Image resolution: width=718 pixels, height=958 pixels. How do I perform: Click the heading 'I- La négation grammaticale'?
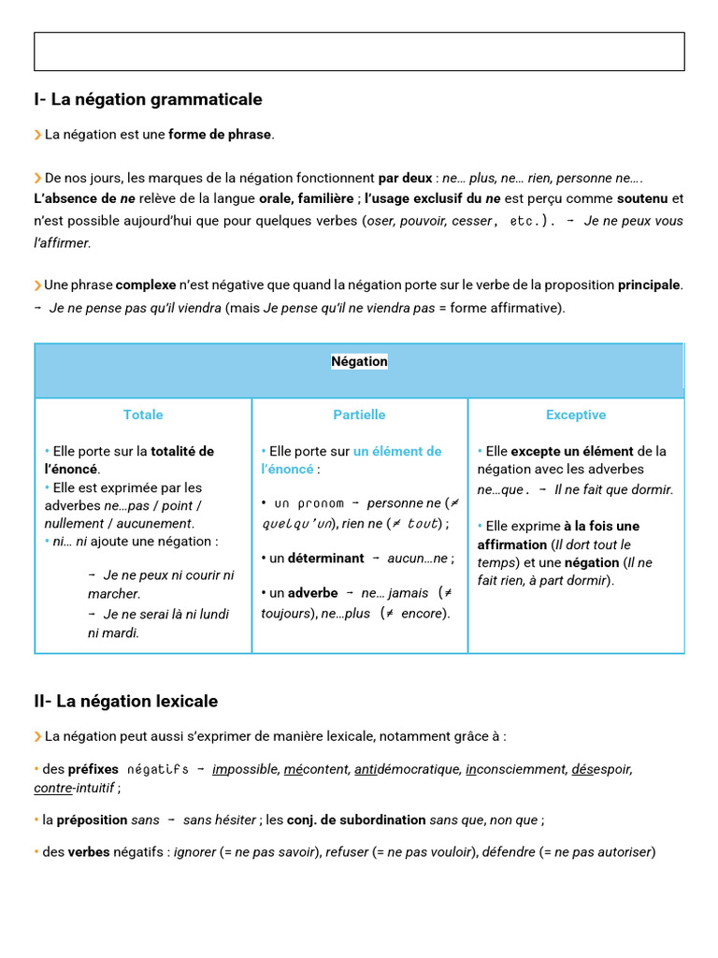pyautogui.click(x=148, y=99)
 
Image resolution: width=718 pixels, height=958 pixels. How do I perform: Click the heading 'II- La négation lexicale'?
pyautogui.click(x=125, y=701)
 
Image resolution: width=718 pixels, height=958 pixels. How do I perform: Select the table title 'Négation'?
pyautogui.click(x=359, y=361)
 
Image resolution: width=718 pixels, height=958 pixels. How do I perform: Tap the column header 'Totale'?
pyautogui.click(x=143, y=414)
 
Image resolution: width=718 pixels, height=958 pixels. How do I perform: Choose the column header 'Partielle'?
pyautogui.click(x=359, y=414)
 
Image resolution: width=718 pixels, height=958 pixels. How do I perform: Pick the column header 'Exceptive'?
pyautogui.click(x=576, y=414)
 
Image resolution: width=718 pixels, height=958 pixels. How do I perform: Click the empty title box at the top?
pyautogui.click(x=359, y=51)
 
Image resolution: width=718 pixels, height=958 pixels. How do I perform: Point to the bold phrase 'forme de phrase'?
pyautogui.click(x=221, y=135)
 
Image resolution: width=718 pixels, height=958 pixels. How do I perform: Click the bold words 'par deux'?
pyautogui.click(x=405, y=178)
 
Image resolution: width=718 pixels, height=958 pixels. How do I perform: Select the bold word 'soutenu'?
pyautogui.click(x=642, y=198)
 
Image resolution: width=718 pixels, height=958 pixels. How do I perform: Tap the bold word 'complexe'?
pyautogui.click(x=145, y=285)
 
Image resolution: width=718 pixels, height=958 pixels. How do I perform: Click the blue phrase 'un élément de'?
pyautogui.click(x=397, y=451)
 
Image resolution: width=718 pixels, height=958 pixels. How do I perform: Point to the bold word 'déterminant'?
pyautogui.click(x=326, y=559)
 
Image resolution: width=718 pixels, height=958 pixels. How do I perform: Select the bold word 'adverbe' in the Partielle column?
pyautogui.click(x=312, y=593)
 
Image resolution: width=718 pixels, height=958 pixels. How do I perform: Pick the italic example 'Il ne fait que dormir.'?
pyautogui.click(x=613, y=489)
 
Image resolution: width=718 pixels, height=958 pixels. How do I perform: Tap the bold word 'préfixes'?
pyautogui.click(x=93, y=769)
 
